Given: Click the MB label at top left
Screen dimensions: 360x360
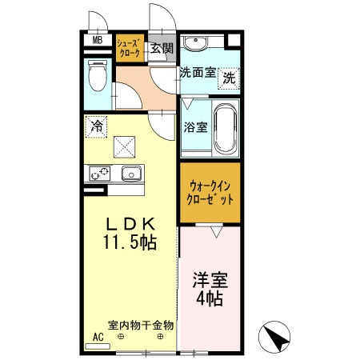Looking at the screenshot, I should [97, 41].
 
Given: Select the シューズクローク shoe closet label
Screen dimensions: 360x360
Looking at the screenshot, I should [130, 47].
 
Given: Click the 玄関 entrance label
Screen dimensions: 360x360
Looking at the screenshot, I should [162, 48].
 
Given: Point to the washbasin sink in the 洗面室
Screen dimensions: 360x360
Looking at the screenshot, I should [195, 42].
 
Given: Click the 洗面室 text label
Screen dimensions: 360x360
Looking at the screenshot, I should [197, 72].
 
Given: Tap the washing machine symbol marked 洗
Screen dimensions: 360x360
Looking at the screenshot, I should [230, 78].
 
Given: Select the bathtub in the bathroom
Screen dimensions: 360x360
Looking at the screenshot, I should [224, 127].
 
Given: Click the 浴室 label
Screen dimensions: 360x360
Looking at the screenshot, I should [195, 126].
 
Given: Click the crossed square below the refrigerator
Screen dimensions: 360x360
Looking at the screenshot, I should [123, 146].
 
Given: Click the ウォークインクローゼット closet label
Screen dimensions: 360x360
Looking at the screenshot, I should [207, 194].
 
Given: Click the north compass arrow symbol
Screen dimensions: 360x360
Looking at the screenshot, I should [277, 338].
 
